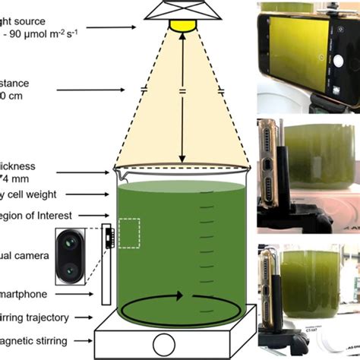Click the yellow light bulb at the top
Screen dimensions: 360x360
pos(182,26)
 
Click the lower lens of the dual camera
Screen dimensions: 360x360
pos(70,269)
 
